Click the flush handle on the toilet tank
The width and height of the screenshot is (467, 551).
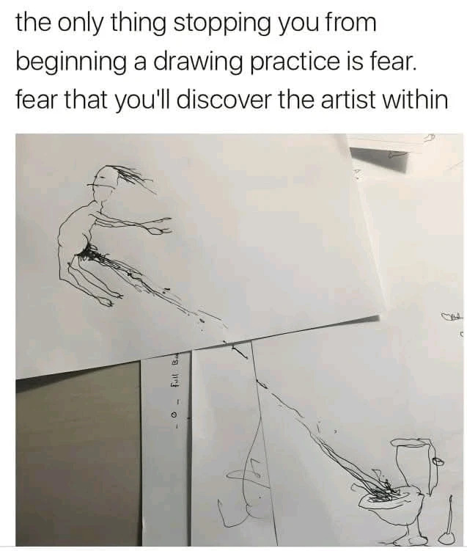[438, 461]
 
